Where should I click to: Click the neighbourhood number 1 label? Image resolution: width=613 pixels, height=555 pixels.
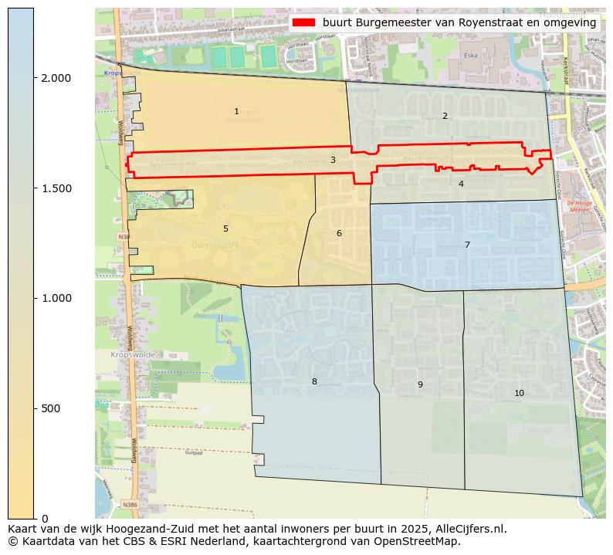236,112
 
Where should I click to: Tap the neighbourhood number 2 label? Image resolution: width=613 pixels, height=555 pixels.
445,116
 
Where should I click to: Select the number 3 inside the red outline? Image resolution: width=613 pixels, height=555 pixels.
333,160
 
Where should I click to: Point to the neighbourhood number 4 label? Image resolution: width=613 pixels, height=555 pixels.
461,184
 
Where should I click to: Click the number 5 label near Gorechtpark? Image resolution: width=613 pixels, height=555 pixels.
225,228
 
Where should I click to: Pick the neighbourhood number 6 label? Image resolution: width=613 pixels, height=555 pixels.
339,233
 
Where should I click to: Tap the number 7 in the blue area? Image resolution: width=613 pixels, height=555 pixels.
467,245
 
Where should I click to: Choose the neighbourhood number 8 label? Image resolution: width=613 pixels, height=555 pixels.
314,381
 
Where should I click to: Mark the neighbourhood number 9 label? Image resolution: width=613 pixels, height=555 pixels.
420,384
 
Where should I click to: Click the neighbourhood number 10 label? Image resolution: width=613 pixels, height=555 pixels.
519,393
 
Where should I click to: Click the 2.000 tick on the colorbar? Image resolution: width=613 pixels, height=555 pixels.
56,78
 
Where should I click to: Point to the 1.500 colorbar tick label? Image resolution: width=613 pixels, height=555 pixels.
56,188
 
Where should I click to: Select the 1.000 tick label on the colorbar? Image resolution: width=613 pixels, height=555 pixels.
56,298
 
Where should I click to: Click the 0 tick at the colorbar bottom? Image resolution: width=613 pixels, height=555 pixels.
45,518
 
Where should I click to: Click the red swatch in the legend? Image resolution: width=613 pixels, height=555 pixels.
304,22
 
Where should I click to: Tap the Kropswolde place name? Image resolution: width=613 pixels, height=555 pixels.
133,354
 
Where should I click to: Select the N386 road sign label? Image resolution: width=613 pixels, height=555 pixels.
130,504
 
